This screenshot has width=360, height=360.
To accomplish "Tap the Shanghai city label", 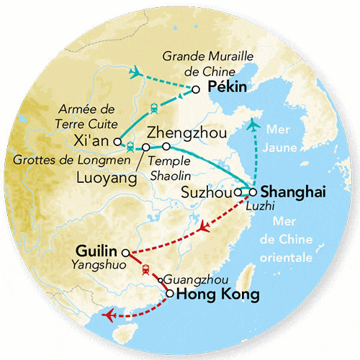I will [294, 192].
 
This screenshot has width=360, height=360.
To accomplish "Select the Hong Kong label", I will [212, 294].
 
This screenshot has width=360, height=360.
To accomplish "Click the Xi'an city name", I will [94, 140].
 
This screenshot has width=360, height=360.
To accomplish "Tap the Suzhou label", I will [209, 193].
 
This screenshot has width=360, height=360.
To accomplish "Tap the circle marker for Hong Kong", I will [169, 294].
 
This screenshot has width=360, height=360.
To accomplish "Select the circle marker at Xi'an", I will [118, 142].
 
